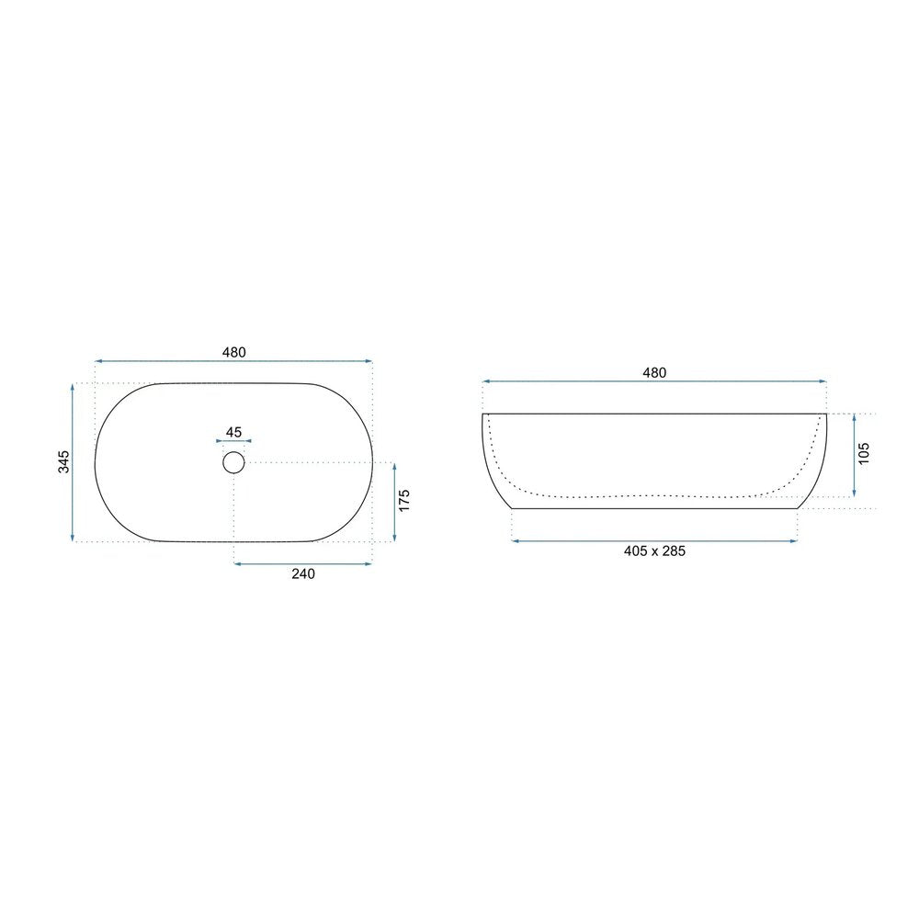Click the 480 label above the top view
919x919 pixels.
click(x=233, y=352)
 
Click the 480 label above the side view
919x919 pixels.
click(x=654, y=373)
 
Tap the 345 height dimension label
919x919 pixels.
click(x=63, y=462)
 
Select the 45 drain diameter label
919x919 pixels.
click(x=233, y=432)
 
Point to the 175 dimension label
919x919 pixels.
click(x=403, y=501)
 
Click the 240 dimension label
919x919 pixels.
click(x=303, y=573)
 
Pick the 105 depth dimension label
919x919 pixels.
click(x=863, y=454)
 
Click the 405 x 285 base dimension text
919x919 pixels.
click(x=654, y=550)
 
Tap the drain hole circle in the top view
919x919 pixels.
click(x=233, y=462)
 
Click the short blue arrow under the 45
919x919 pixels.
click(x=233, y=441)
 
